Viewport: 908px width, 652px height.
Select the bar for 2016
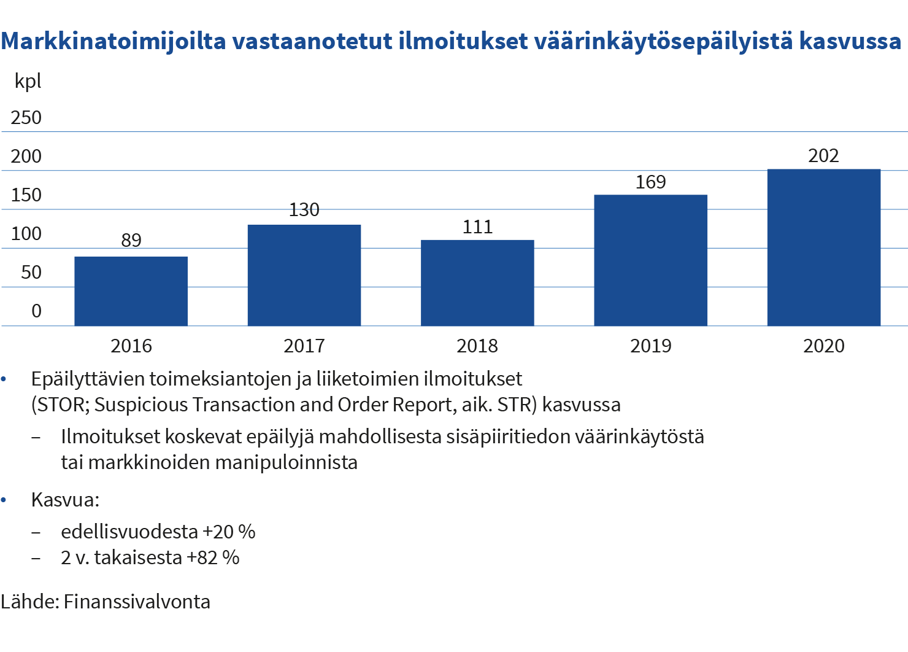(x=131, y=290)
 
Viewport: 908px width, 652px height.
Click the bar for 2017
(x=304, y=275)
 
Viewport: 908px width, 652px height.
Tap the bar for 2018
(x=477, y=282)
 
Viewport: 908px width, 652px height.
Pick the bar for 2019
(x=650, y=260)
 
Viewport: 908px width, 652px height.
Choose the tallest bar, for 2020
(x=823, y=247)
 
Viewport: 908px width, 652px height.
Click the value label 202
(x=823, y=156)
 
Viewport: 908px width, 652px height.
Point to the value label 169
(x=650, y=182)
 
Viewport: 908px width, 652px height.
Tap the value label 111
(x=477, y=227)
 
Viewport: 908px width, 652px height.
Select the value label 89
(x=131, y=240)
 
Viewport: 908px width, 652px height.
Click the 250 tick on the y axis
(x=26, y=117)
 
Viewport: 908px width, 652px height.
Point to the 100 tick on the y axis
(x=26, y=233)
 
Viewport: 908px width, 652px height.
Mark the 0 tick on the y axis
(x=37, y=311)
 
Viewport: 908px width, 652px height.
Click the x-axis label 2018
(x=477, y=346)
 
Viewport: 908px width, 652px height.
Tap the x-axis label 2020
(x=823, y=346)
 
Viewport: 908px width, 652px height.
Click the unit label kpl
(x=28, y=81)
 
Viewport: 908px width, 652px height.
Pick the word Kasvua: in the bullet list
(x=65, y=499)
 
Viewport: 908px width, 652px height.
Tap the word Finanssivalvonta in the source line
(x=137, y=601)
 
